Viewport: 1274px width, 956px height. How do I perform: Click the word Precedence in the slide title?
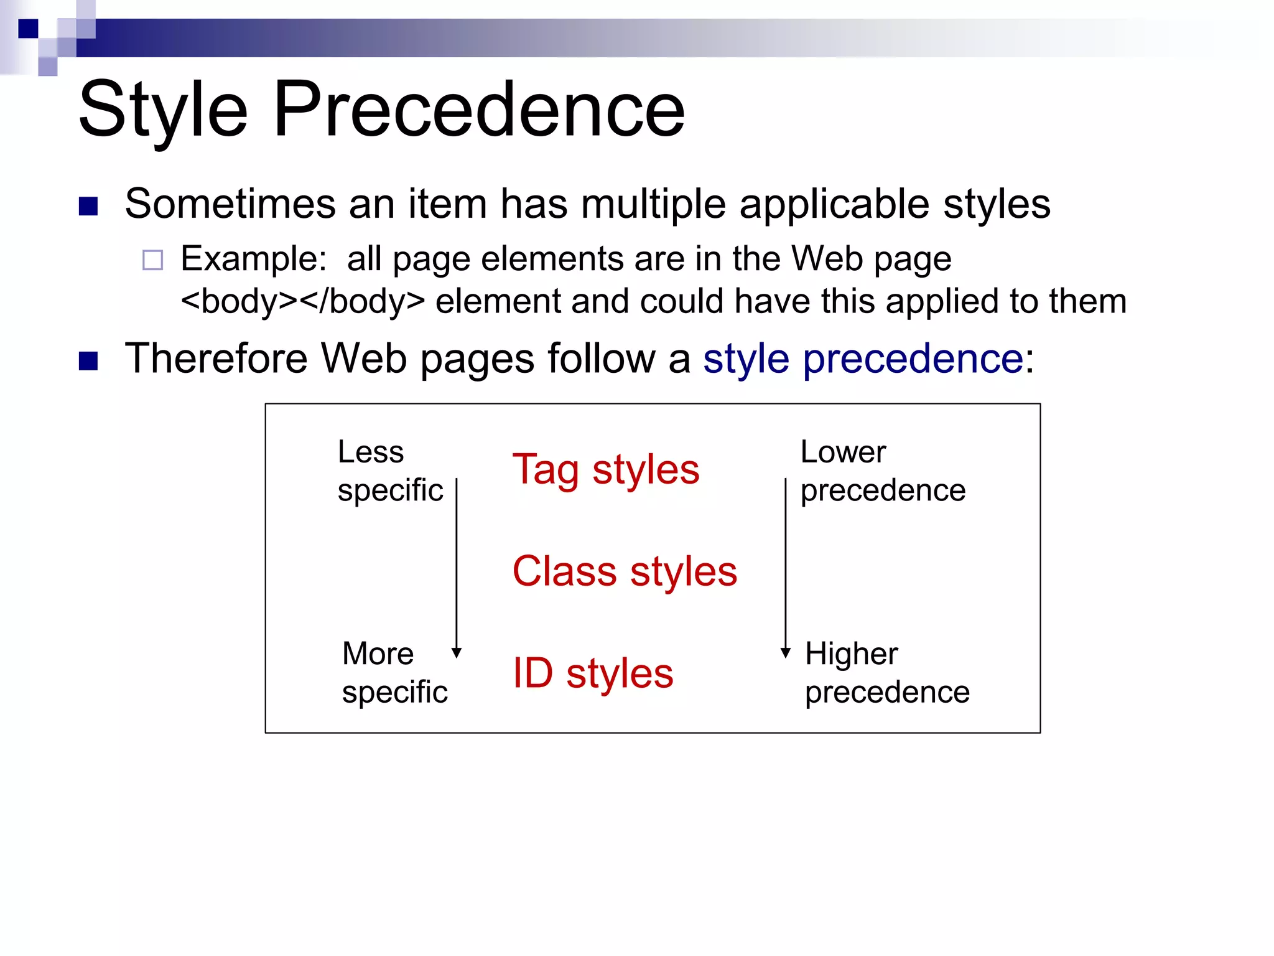(479, 111)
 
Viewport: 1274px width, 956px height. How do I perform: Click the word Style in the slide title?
(163, 111)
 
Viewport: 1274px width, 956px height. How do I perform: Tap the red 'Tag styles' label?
(605, 469)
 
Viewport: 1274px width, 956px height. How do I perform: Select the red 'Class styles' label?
(625, 571)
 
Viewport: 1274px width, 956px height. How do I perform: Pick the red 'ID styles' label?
(592, 673)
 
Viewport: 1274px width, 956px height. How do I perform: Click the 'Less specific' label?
(389, 471)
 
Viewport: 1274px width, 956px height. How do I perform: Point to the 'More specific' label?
(394, 673)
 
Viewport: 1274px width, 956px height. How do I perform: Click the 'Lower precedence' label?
(882, 471)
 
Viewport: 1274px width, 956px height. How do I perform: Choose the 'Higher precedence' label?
(886, 673)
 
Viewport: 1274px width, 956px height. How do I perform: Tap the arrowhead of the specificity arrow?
(457, 652)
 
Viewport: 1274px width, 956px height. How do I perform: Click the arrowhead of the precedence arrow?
(786, 652)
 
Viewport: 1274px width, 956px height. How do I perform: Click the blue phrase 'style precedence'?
(863, 359)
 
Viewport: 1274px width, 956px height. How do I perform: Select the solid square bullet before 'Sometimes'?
(88, 206)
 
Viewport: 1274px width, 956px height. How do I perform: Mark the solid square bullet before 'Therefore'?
(88, 360)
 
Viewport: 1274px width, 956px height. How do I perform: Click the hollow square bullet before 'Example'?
(152, 260)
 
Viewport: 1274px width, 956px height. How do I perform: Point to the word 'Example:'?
(253, 258)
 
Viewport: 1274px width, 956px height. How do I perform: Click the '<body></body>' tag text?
(302, 301)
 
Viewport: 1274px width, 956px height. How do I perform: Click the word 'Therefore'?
(216, 358)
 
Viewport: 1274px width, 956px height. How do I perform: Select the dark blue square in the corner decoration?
(28, 29)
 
